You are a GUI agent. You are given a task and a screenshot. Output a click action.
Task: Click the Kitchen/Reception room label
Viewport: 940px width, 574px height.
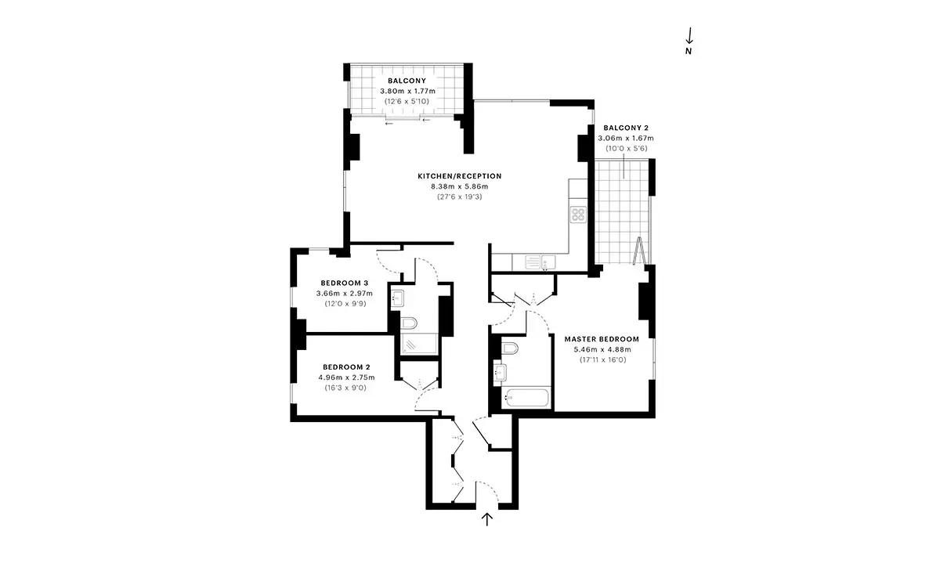coord(460,176)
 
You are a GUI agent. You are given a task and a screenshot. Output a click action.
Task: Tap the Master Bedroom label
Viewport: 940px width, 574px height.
coord(602,339)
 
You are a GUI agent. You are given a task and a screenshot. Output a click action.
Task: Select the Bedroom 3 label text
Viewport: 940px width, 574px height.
coord(345,283)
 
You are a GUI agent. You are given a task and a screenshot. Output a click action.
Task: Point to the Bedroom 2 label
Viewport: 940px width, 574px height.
coord(346,367)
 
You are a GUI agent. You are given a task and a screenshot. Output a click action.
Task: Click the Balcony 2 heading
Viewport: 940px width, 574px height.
coord(626,128)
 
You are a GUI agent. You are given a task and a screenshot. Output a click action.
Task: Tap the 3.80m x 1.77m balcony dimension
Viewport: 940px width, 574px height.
coord(408,91)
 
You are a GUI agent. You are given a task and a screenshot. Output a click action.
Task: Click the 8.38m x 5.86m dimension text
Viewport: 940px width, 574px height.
coord(460,186)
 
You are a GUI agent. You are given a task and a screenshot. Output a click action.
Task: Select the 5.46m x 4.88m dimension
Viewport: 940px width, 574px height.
coord(602,349)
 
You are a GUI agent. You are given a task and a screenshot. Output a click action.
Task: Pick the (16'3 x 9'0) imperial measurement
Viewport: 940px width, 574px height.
coord(345,388)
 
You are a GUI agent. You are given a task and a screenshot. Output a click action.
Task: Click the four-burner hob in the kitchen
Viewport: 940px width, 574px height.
coord(578,215)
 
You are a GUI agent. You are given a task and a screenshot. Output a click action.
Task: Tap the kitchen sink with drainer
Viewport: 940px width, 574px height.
coord(540,262)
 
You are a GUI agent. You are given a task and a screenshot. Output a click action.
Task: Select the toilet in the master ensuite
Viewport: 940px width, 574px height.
coord(509,348)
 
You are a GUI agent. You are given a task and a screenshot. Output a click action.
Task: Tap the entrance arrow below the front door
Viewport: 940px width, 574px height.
coord(486,519)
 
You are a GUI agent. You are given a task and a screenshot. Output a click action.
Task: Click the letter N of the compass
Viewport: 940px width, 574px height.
coord(689,51)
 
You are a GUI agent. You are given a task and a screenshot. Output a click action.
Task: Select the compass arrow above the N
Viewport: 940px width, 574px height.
coord(689,36)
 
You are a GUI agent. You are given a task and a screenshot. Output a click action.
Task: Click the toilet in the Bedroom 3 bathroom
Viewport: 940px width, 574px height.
coord(409,323)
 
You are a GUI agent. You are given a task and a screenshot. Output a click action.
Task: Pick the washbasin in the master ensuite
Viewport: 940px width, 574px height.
coord(500,372)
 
